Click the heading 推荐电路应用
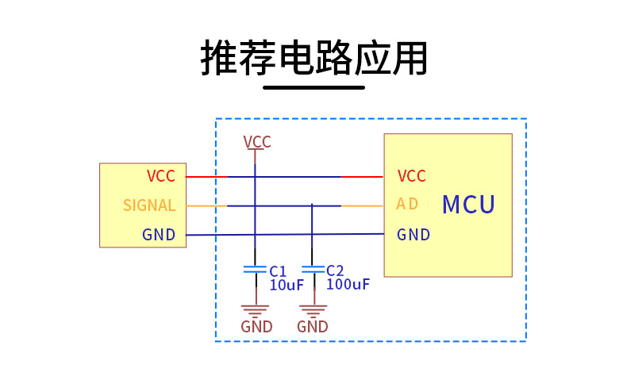pos(314,57)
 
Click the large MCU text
pos(468,205)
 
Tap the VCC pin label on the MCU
pos(412,176)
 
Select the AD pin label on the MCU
pos(407,205)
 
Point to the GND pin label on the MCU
pos(414,235)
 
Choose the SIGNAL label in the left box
pos(149,205)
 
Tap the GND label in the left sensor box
pos(159,235)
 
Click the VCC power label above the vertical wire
pos(257,142)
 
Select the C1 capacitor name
pos(278,270)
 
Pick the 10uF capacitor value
pos(287,285)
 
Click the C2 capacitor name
pos(335,270)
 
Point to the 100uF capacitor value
pos(348,284)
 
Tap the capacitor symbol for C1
pos(255,270)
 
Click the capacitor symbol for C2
pos(313,270)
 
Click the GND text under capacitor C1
pos(256,327)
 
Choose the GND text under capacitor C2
pos(313,327)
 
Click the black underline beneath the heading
pos(313,87)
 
